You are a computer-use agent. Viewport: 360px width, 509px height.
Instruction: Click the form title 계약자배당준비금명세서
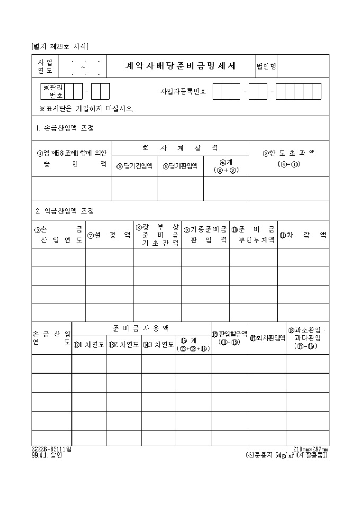point(181,67)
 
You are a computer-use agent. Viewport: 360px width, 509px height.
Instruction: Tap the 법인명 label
point(266,67)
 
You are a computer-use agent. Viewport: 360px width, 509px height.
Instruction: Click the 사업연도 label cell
point(46,67)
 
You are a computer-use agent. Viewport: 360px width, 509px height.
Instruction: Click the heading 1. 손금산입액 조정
point(65,128)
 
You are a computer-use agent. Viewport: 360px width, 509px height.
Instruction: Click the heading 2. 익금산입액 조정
point(65,211)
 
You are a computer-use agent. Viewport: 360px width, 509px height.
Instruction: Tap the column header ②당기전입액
point(134,166)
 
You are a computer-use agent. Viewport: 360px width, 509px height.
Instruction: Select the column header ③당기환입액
point(181,166)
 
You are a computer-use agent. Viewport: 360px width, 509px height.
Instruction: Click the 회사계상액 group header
point(180,148)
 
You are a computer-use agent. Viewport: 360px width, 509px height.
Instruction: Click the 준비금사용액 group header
point(141,329)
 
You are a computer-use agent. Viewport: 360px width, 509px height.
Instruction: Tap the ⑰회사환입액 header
point(267,337)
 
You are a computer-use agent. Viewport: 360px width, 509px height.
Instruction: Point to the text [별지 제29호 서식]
point(60,47)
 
